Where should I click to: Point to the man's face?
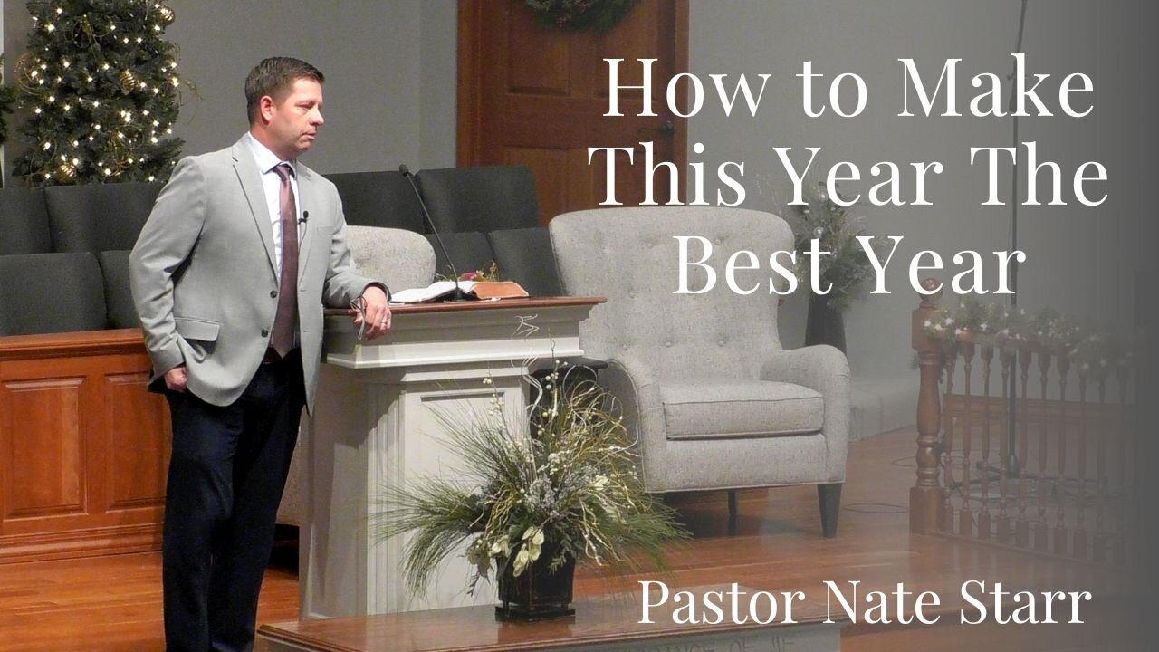click(x=294, y=109)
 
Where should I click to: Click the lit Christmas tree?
click(x=100, y=91)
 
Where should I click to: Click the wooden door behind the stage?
click(x=570, y=91)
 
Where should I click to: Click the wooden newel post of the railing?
click(x=927, y=407)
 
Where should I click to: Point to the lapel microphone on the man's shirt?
click(x=305, y=216)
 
